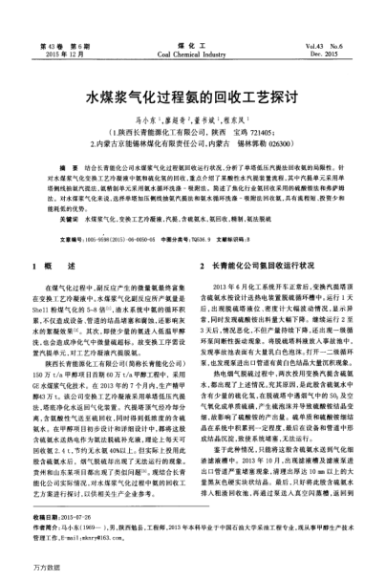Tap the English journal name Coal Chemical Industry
[x=192, y=53]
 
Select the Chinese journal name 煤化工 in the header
[x=192, y=44]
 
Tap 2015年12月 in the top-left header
[x=60, y=53]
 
